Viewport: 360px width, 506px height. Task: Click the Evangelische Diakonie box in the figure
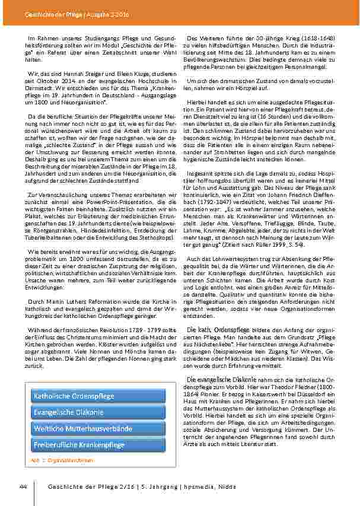tap(98, 411)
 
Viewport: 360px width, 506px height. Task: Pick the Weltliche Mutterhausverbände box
tap(98, 427)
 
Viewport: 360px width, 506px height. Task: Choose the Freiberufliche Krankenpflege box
tap(98, 444)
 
